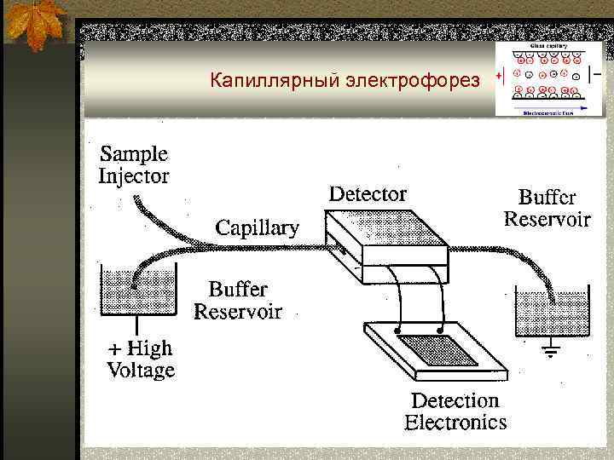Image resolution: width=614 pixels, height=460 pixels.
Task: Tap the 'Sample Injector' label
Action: (134, 165)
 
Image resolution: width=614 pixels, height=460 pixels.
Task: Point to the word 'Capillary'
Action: (257, 227)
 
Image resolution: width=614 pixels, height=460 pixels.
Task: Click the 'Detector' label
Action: (368, 194)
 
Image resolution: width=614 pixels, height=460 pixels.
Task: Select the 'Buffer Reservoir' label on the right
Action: (547, 208)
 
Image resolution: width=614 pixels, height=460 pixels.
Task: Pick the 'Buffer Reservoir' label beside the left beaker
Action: (237, 300)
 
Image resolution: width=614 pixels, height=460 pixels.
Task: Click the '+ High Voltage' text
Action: (140, 359)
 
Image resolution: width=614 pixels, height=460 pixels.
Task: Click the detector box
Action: (388, 243)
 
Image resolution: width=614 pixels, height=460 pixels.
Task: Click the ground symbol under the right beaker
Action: (551, 350)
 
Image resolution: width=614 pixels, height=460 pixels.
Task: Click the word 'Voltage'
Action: (141, 370)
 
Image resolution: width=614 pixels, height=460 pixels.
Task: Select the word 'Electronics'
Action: (455, 422)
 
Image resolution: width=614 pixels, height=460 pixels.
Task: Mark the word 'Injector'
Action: (134, 176)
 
